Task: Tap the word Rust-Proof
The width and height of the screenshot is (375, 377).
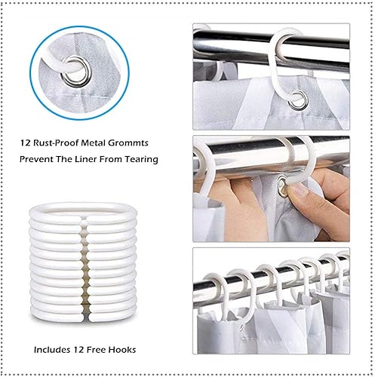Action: [x=56, y=143]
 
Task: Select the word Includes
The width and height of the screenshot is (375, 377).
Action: [x=52, y=350]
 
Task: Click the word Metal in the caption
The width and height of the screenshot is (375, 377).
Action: [x=94, y=143]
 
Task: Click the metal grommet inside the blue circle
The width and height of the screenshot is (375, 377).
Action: [x=75, y=72]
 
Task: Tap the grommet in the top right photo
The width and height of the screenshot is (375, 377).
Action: [x=299, y=100]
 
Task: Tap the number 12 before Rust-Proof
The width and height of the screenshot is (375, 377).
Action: [x=25, y=143]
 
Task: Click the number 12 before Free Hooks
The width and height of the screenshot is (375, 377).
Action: [x=78, y=350]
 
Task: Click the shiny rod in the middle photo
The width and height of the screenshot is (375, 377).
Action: [x=271, y=154]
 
